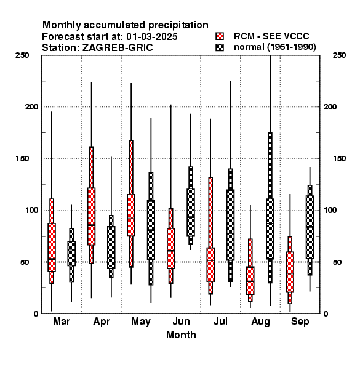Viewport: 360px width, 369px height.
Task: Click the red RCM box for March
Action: coord(52,247)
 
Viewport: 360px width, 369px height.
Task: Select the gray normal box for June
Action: coord(191,212)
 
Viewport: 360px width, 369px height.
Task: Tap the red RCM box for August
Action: coord(250,280)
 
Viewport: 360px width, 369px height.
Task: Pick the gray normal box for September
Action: coord(310,227)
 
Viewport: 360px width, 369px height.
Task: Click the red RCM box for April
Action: coord(91,216)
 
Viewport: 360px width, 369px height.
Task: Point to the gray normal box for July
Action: coord(231,225)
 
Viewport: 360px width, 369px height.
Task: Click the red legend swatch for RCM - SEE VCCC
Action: coord(220,36)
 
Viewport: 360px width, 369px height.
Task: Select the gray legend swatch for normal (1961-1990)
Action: coord(220,47)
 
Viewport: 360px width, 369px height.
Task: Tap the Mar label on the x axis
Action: coord(62,322)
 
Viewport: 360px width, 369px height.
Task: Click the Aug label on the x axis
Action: coord(260,322)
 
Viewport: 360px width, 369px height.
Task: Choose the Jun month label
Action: coord(181,322)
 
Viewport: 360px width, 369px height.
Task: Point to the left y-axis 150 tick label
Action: coord(23,159)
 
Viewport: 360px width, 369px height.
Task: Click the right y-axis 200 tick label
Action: coord(330,106)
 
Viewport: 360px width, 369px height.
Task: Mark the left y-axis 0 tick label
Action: coord(36,314)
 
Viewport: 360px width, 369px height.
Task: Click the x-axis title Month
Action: coord(181,335)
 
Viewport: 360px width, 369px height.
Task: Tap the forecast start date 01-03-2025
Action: coord(152,37)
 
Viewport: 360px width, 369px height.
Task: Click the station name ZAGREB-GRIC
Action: coord(118,48)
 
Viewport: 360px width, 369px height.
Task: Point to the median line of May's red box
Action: coord(131,218)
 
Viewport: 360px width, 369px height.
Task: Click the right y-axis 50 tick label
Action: coord(337,262)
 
